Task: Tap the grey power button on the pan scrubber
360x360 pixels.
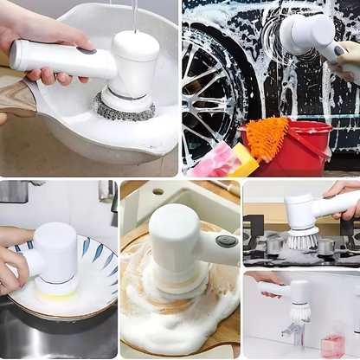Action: pyautogui.click(x=86, y=51)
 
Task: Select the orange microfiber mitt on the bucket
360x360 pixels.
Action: pyautogui.click(x=267, y=138)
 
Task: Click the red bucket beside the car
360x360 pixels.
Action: pyautogui.click(x=299, y=151)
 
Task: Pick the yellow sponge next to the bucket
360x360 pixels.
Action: pyautogui.click(x=243, y=161)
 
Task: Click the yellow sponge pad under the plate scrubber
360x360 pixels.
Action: pyautogui.click(x=56, y=295)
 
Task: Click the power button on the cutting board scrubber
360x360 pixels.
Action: pyautogui.click(x=227, y=241)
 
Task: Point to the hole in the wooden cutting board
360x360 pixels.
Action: pyautogui.click(x=157, y=191)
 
